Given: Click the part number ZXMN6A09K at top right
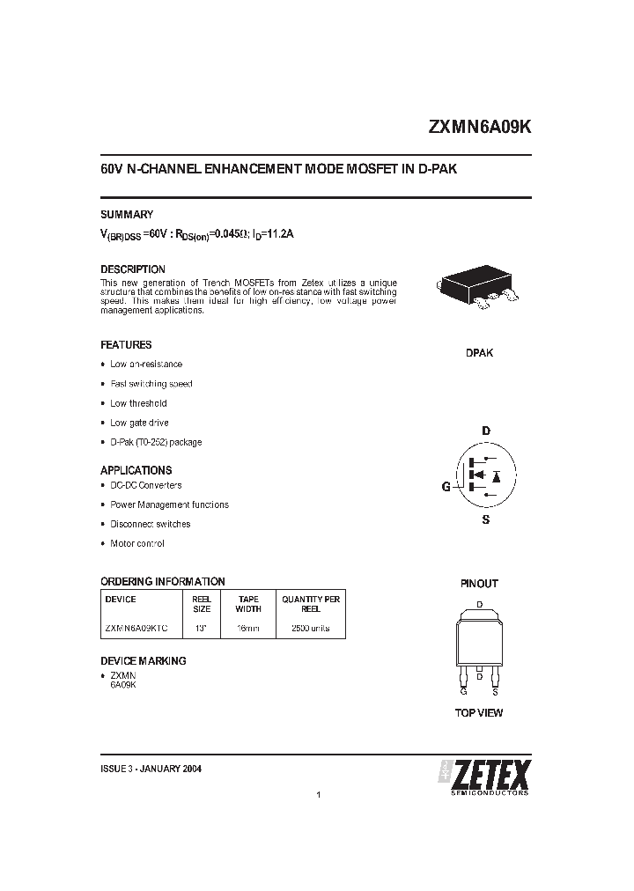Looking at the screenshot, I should tap(479, 127).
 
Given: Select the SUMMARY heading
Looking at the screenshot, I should tap(127, 214).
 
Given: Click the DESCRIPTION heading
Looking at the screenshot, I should tap(133, 269).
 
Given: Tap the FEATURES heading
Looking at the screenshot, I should tap(126, 345).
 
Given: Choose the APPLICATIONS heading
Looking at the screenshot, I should tap(136, 470).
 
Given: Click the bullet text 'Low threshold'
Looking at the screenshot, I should tap(138, 403).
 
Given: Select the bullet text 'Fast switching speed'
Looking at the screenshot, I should tap(151, 384).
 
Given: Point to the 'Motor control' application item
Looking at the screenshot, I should tap(137, 543).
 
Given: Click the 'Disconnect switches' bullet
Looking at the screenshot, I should tap(150, 524).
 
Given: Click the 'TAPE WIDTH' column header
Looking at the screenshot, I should tap(248, 603).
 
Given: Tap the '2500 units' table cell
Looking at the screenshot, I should tap(311, 629).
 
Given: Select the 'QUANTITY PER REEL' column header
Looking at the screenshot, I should tap(311, 603).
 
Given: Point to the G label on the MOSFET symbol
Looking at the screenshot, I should tap(446, 487).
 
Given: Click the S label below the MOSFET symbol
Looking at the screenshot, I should tap(485, 520).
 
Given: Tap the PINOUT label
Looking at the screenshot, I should tap(479, 584).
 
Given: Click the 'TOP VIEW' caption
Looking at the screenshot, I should tap(479, 712).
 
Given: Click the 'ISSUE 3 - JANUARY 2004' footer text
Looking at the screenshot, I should tap(151, 769).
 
